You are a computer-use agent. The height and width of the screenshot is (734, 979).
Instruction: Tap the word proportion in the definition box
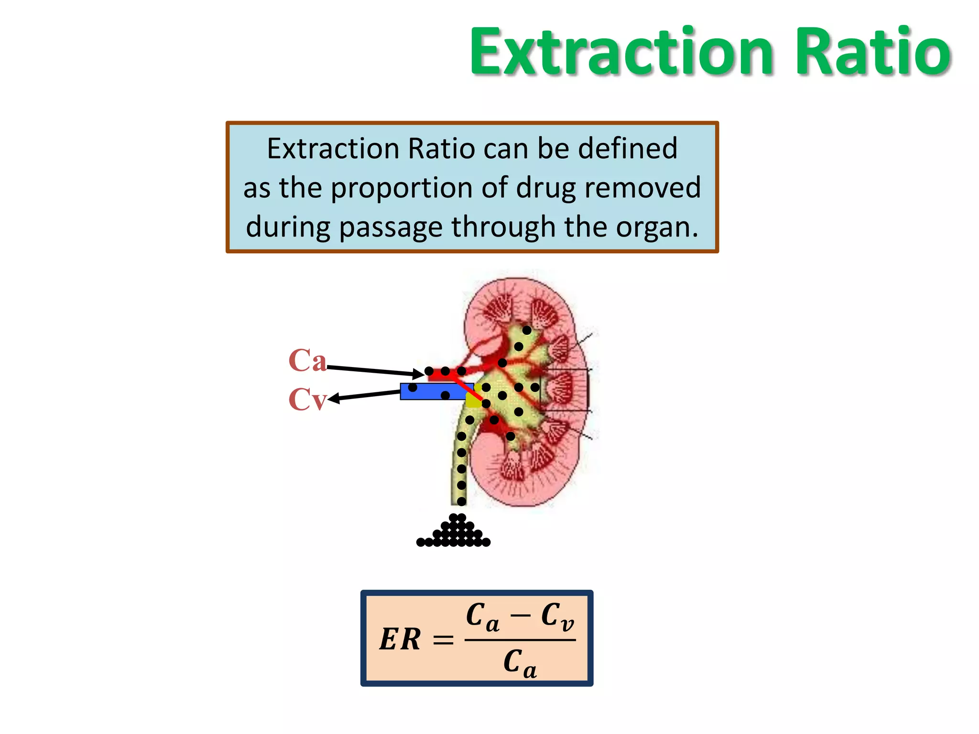point(402,188)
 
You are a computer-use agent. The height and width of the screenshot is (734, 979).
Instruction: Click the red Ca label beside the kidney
point(307,360)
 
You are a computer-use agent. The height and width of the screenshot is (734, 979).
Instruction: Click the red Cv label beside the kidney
point(307,399)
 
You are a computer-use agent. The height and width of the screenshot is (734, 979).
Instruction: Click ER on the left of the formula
point(400,639)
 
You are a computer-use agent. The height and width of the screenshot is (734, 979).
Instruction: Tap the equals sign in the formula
point(443,640)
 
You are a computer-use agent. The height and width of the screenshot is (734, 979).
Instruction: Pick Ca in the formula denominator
point(520,663)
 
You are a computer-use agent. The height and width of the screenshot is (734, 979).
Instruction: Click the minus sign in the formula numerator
point(521,615)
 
